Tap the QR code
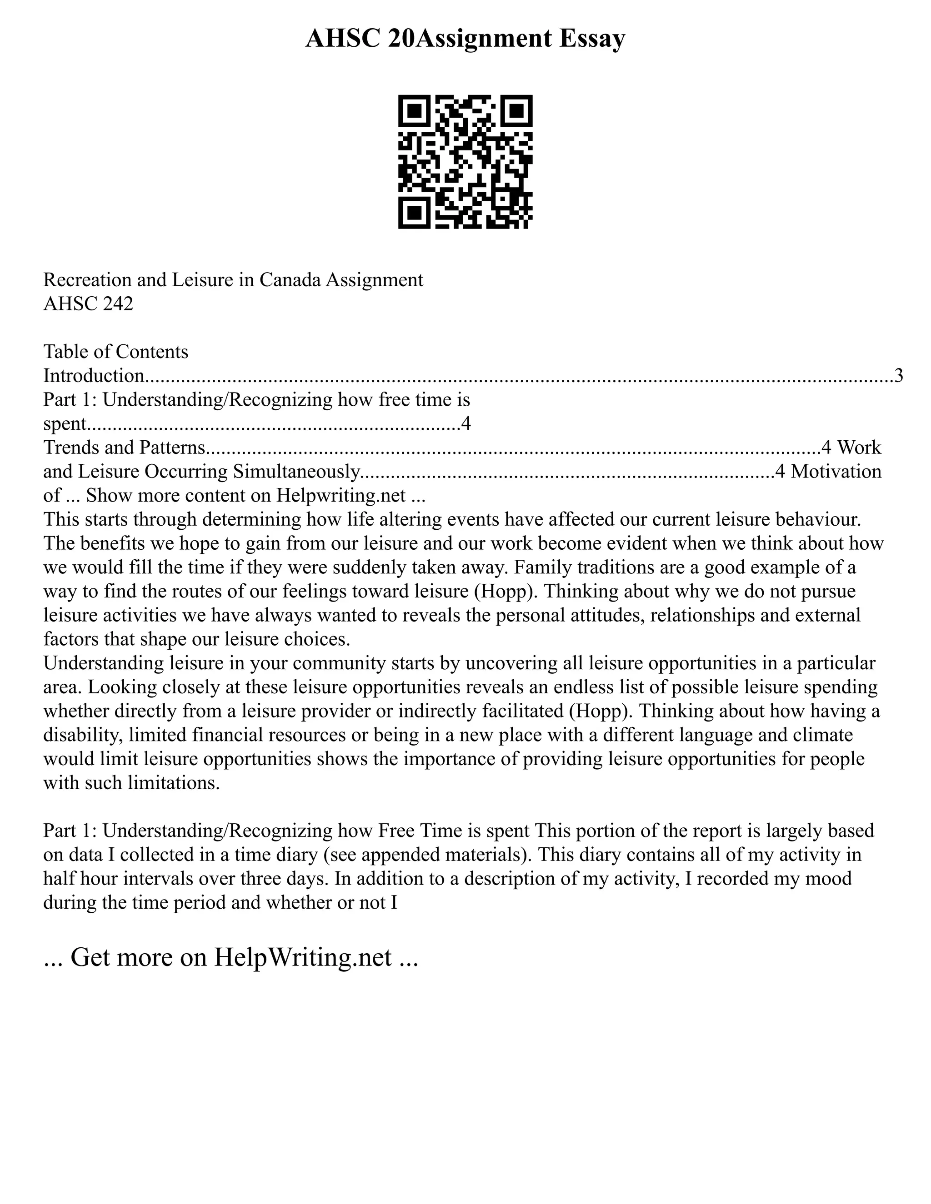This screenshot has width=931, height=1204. (x=465, y=162)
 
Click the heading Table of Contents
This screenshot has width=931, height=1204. (x=116, y=352)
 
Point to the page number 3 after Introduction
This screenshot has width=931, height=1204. (x=898, y=376)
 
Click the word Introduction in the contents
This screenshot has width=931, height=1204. (x=94, y=376)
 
